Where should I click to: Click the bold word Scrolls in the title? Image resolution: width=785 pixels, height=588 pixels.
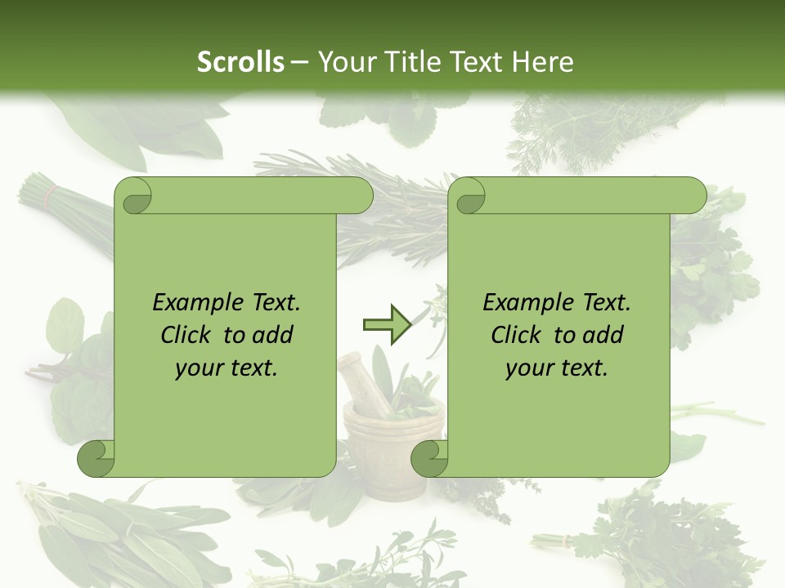[240, 62]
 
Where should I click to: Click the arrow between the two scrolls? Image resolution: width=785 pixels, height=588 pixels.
[386, 325]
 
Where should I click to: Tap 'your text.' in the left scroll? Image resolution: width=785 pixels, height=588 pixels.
[227, 367]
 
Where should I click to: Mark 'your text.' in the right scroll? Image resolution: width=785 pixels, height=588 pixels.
[557, 367]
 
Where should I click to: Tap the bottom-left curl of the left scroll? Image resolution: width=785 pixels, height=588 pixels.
[96, 458]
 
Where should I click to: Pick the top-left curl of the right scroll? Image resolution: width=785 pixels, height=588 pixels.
[469, 197]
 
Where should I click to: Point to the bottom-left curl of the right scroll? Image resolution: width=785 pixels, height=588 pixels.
[429, 458]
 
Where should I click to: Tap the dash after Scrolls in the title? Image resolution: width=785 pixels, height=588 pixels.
[299, 62]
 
